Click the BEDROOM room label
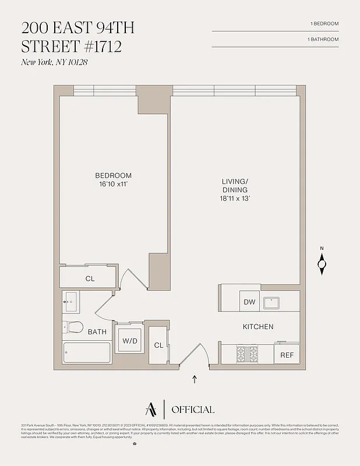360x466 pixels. (114, 175)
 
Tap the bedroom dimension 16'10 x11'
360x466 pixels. (114, 184)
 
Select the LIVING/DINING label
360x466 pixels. (235, 186)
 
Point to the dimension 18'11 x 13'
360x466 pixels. (235, 199)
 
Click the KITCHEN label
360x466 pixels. (258, 327)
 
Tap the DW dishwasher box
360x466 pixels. (249, 302)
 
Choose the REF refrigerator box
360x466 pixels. (287, 355)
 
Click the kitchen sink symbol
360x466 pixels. (272, 303)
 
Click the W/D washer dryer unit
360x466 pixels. (129, 341)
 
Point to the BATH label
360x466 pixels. (97, 332)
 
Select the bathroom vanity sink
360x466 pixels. (70, 302)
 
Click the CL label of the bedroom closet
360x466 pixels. (90, 279)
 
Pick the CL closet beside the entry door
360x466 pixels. (158, 345)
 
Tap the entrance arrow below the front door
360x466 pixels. (195, 380)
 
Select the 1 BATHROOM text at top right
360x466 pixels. (323, 39)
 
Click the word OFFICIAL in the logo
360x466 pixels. (193, 409)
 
